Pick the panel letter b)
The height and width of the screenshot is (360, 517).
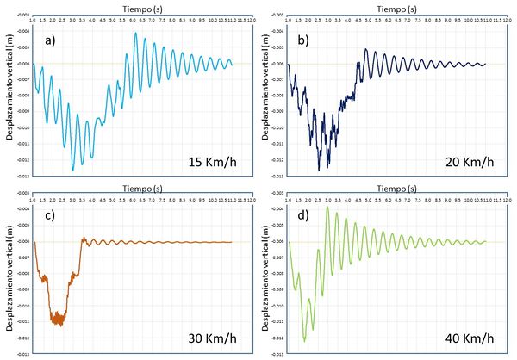click(305, 40)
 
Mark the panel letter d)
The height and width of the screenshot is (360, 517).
click(305, 215)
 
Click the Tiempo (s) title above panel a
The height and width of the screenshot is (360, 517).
click(137, 5)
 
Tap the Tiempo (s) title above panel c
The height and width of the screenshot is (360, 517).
click(137, 184)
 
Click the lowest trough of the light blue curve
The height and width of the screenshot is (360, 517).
click(72, 170)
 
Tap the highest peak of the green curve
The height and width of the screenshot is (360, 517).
click(327, 207)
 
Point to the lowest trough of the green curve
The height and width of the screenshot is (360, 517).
click(304, 341)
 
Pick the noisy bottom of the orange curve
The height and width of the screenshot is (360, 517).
click(59, 319)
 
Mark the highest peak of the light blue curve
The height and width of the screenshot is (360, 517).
click(135, 33)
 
